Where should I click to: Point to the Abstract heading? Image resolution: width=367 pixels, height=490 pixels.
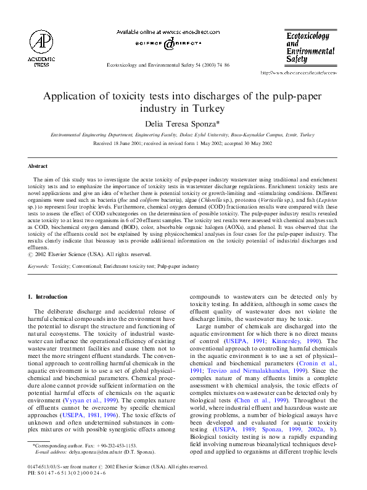[x=38, y=166]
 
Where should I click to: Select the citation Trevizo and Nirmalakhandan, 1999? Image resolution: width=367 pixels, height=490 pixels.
[x=262, y=362]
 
